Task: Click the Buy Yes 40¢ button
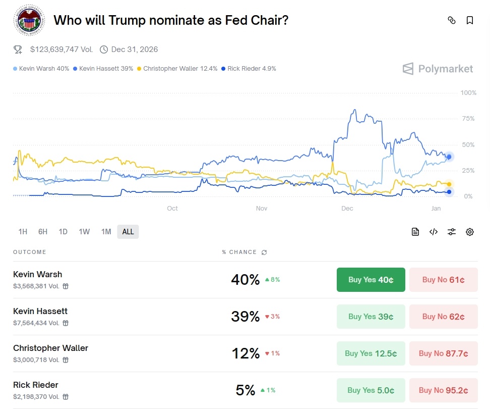tap(371, 279)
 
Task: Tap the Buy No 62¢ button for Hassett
tap(444, 317)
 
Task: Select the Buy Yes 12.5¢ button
tap(371, 353)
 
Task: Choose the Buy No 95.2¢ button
tap(444, 390)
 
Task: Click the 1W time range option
tap(84, 232)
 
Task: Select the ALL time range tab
tap(128, 232)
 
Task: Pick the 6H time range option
tap(43, 232)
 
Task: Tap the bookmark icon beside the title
tap(470, 20)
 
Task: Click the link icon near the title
tap(452, 20)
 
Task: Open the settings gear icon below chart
tap(470, 232)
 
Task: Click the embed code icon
tap(434, 232)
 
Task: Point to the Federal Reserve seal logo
tap(29, 20)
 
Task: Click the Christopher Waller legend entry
tap(177, 69)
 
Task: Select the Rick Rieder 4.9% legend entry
tap(249, 69)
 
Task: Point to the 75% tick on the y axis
tap(468, 119)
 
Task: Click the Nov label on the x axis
tap(262, 209)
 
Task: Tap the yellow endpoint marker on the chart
tap(449, 184)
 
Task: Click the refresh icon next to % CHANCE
tap(264, 252)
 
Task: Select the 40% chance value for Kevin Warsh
tap(246, 279)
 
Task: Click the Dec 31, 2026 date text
tap(135, 49)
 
